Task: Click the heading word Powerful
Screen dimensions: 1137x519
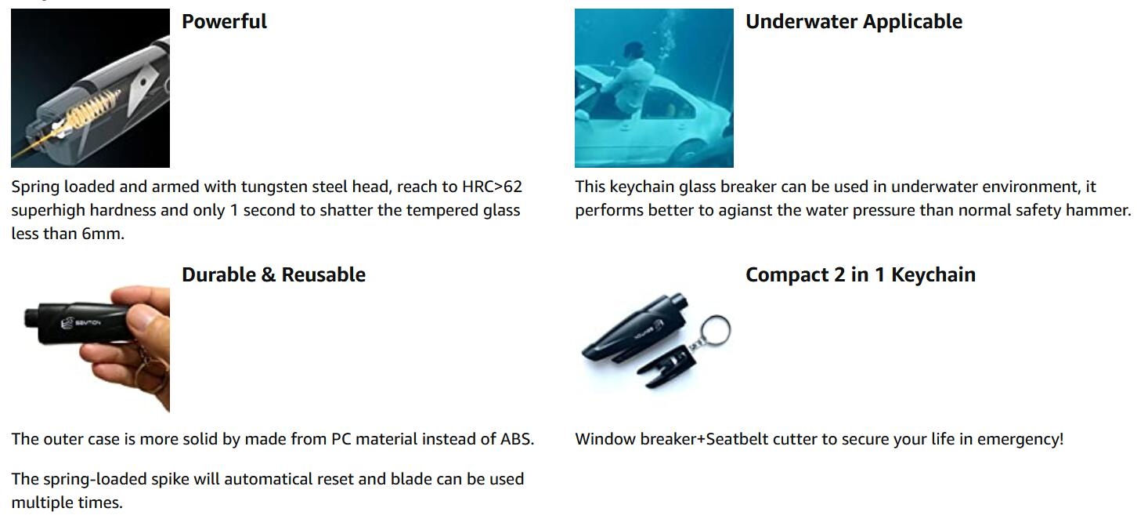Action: click(x=224, y=21)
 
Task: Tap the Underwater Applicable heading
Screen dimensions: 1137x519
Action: click(x=854, y=22)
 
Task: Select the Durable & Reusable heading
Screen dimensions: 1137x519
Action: click(x=273, y=274)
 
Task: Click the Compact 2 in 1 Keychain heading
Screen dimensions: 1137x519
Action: click(x=861, y=275)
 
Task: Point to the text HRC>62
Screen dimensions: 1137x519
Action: click(x=492, y=187)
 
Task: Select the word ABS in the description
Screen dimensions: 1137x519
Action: click(x=517, y=439)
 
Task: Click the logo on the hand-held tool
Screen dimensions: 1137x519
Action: click(x=67, y=324)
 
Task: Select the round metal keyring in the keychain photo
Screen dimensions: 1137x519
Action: click(x=715, y=330)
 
